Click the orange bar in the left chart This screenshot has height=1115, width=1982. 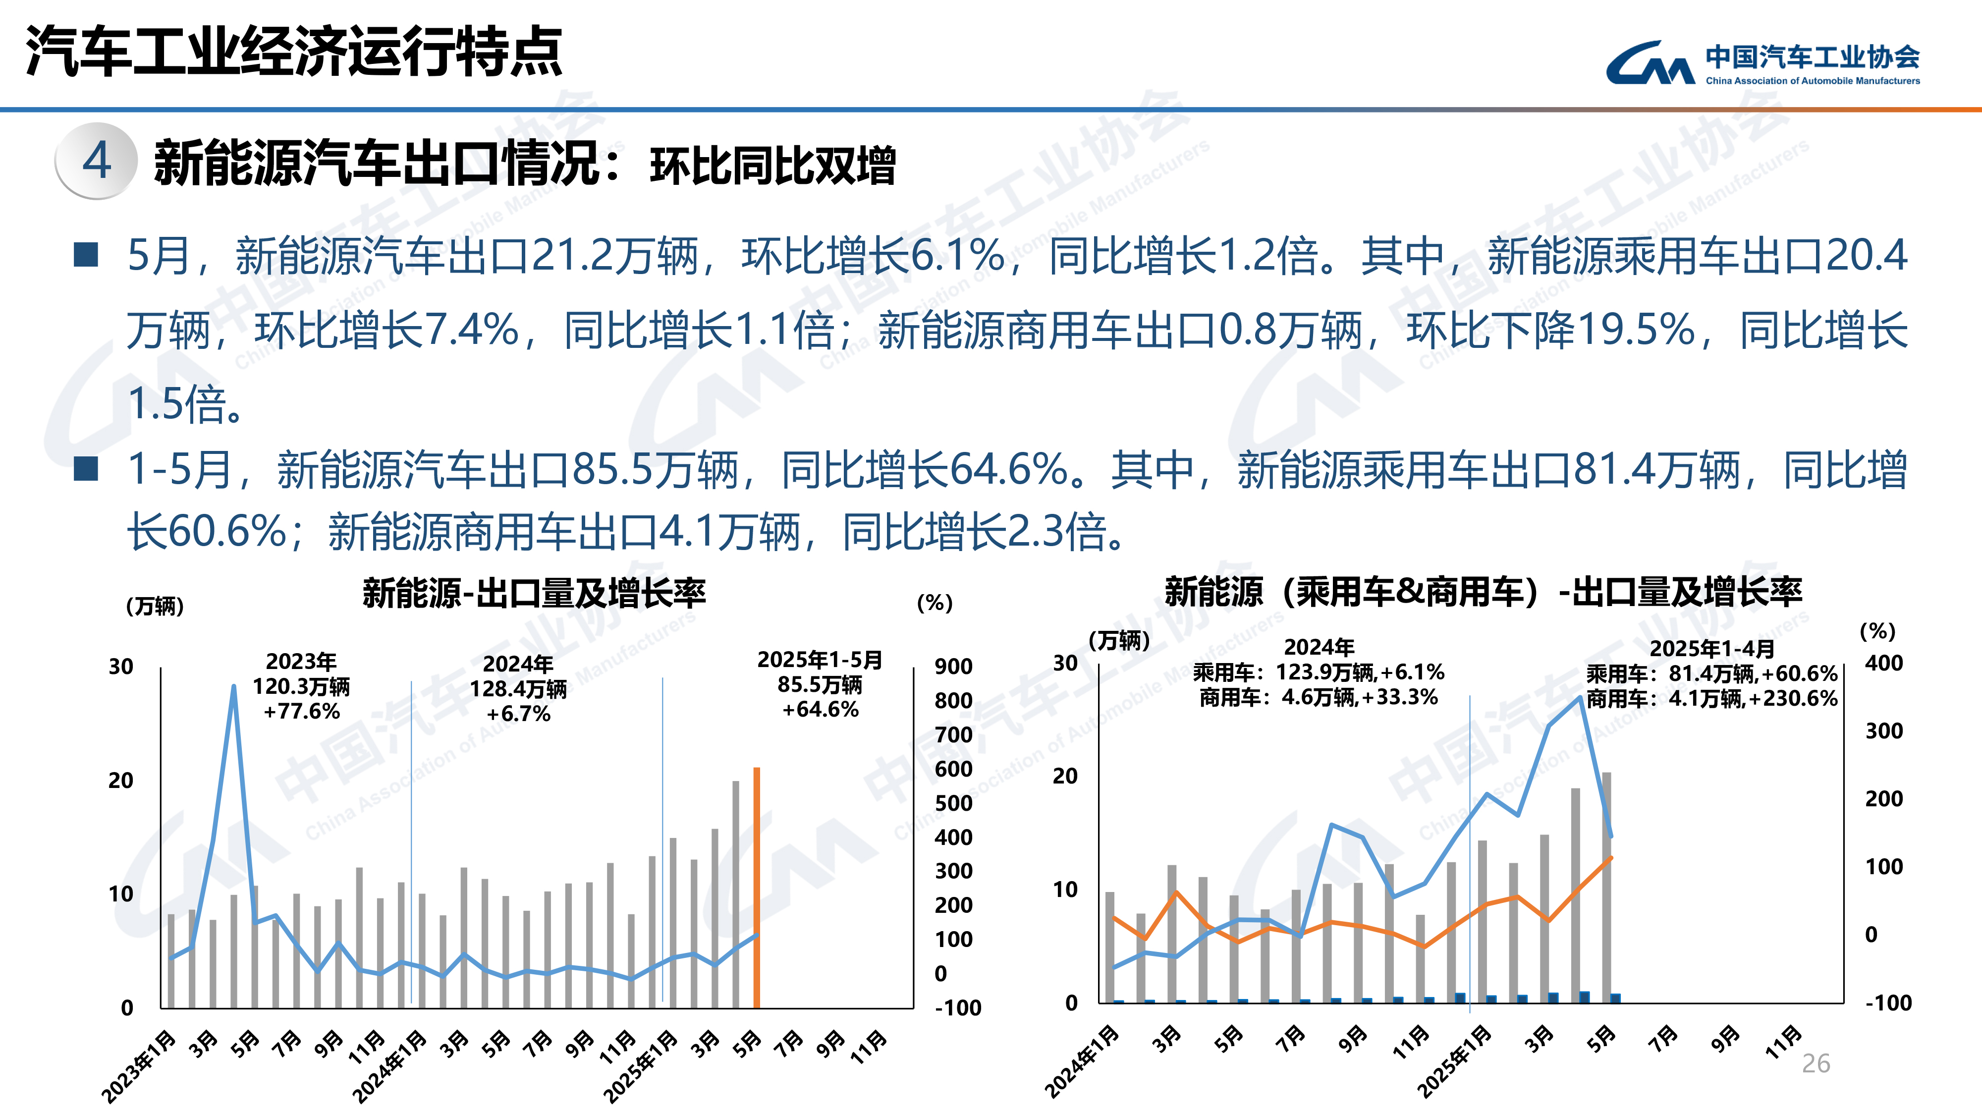(x=756, y=887)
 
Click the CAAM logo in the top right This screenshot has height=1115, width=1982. (x=1762, y=63)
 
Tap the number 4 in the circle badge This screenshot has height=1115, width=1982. (x=97, y=161)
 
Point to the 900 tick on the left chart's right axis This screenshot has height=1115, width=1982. (x=953, y=667)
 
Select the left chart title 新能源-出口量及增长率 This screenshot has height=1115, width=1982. (x=534, y=593)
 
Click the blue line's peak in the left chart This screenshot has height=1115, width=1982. (x=234, y=686)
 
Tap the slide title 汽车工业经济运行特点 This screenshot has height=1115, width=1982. (x=294, y=52)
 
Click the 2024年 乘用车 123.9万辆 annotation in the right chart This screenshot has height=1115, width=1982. (x=1319, y=672)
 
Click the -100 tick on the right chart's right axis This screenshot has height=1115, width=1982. (x=1888, y=1003)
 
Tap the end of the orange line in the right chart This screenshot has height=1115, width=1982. (x=1611, y=857)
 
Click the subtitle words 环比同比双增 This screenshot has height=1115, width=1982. (x=773, y=166)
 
